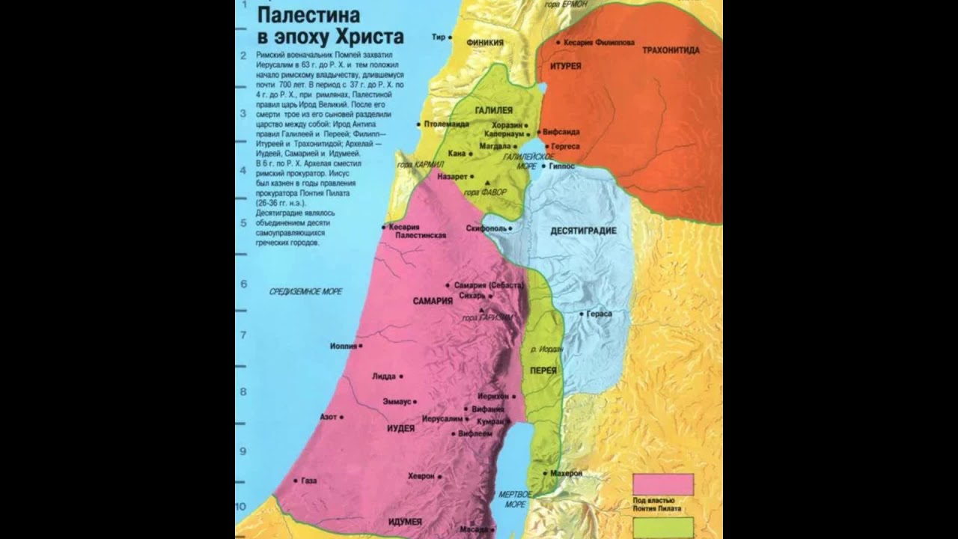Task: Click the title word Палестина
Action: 308,14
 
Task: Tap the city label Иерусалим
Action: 442,419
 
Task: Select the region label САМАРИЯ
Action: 433,301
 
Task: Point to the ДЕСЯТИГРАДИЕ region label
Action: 583,231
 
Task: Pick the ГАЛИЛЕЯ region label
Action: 493,110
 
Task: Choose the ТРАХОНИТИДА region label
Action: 671,50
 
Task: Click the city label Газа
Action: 309,481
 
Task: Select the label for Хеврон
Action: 421,476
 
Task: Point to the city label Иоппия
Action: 343,346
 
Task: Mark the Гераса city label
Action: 599,314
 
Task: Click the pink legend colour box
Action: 662,484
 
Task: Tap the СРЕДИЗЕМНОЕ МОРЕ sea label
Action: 305,291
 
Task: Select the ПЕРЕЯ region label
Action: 543,371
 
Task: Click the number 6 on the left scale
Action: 243,284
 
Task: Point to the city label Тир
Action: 439,37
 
